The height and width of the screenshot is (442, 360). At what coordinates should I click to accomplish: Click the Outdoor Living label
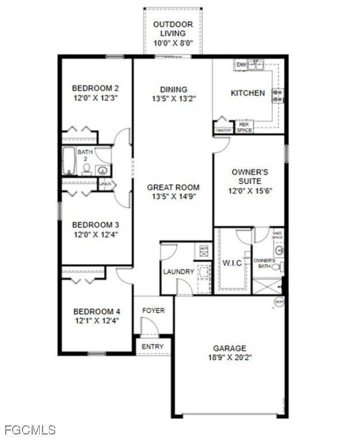click(173, 29)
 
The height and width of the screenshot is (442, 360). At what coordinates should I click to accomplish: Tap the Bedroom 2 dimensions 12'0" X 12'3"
click(95, 98)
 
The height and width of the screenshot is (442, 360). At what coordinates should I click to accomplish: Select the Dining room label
click(173, 89)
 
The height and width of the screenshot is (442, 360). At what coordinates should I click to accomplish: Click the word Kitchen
click(247, 93)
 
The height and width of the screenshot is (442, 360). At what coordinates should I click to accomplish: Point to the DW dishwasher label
click(242, 65)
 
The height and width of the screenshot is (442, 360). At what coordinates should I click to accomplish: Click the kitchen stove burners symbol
click(278, 96)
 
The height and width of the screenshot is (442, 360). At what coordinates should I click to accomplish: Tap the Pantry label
click(223, 131)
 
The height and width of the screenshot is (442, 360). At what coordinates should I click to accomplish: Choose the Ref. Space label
click(244, 127)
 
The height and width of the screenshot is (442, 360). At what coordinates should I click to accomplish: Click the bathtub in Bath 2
click(69, 161)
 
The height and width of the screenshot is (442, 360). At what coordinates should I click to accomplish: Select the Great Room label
click(173, 187)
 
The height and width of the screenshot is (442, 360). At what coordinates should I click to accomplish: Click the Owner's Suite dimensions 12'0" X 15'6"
click(250, 190)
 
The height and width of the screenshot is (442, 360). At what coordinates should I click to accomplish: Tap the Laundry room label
click(178, 272)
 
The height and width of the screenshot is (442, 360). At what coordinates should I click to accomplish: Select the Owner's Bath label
click(265, 264)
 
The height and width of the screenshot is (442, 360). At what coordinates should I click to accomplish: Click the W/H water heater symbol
click(278, 302)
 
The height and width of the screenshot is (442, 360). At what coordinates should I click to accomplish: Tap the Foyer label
click(154, 311)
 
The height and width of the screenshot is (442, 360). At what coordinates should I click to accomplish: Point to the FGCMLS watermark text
click(30, 430)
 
